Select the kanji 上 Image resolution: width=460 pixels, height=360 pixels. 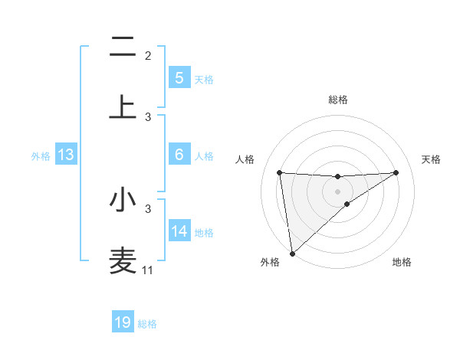tap(123, 107)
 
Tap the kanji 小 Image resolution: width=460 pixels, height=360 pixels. tap(123, 200)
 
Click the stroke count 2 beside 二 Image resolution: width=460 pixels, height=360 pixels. tap(148, 56)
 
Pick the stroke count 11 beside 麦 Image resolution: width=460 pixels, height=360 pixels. tap(148, 270)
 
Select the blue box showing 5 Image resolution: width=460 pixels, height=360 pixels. tap(179, 78)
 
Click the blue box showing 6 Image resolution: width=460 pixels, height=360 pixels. tap(179, 155)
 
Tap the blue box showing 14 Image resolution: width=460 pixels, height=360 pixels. tap(179, 231)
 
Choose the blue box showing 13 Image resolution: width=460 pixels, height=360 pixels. tap(66, 155)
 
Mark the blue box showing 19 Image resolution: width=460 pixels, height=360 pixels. tap(123, 322)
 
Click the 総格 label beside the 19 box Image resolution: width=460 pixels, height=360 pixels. tap(147, 324)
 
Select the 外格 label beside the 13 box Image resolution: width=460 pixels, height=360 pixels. tap(41, 156)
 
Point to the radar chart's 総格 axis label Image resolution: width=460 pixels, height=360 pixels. tap(337, 100)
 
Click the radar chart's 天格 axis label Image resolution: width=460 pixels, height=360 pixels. tap(432, 159)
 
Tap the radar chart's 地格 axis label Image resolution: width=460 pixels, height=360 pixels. tap(402, 262)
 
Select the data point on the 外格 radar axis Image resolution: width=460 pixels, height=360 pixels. tap(291, 254)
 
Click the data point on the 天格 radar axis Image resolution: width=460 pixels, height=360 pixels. tap(396, 172)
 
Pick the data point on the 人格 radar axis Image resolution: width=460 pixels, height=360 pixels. tap(279, 172)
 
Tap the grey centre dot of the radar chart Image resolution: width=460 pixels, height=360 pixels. tap(337, 191)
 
